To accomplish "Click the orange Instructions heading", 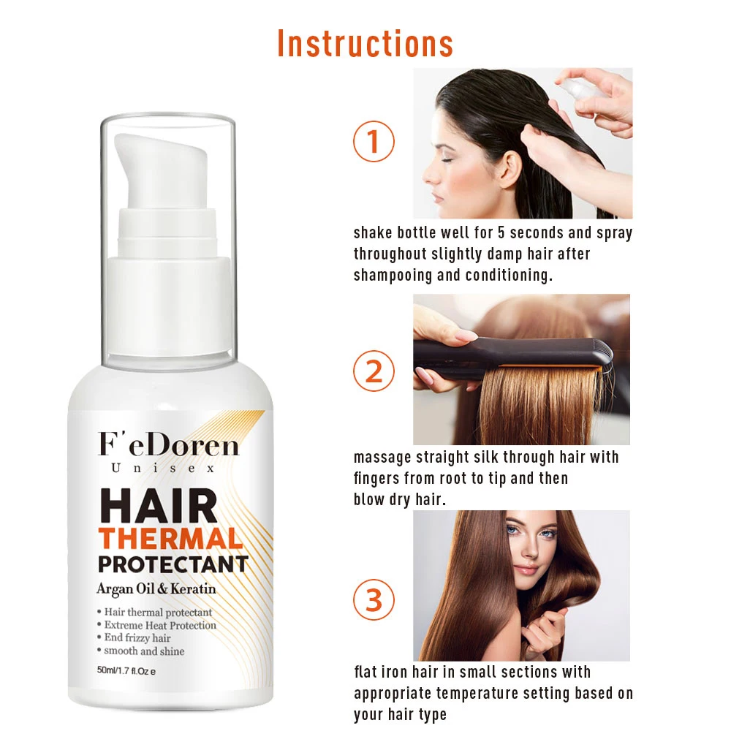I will [365, 43].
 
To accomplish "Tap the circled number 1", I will [374, 141].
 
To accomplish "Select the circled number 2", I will [374, 371].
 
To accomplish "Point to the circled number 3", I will [374, 600].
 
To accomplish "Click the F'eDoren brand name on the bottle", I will [168, 444].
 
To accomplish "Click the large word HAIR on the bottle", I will [159, 504].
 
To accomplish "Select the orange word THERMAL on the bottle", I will [170, 539].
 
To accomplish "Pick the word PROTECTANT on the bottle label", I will [173, 565].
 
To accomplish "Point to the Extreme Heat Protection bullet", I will [159, 625].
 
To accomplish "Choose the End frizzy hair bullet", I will [137, 638].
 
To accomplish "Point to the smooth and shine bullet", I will [143, 651].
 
